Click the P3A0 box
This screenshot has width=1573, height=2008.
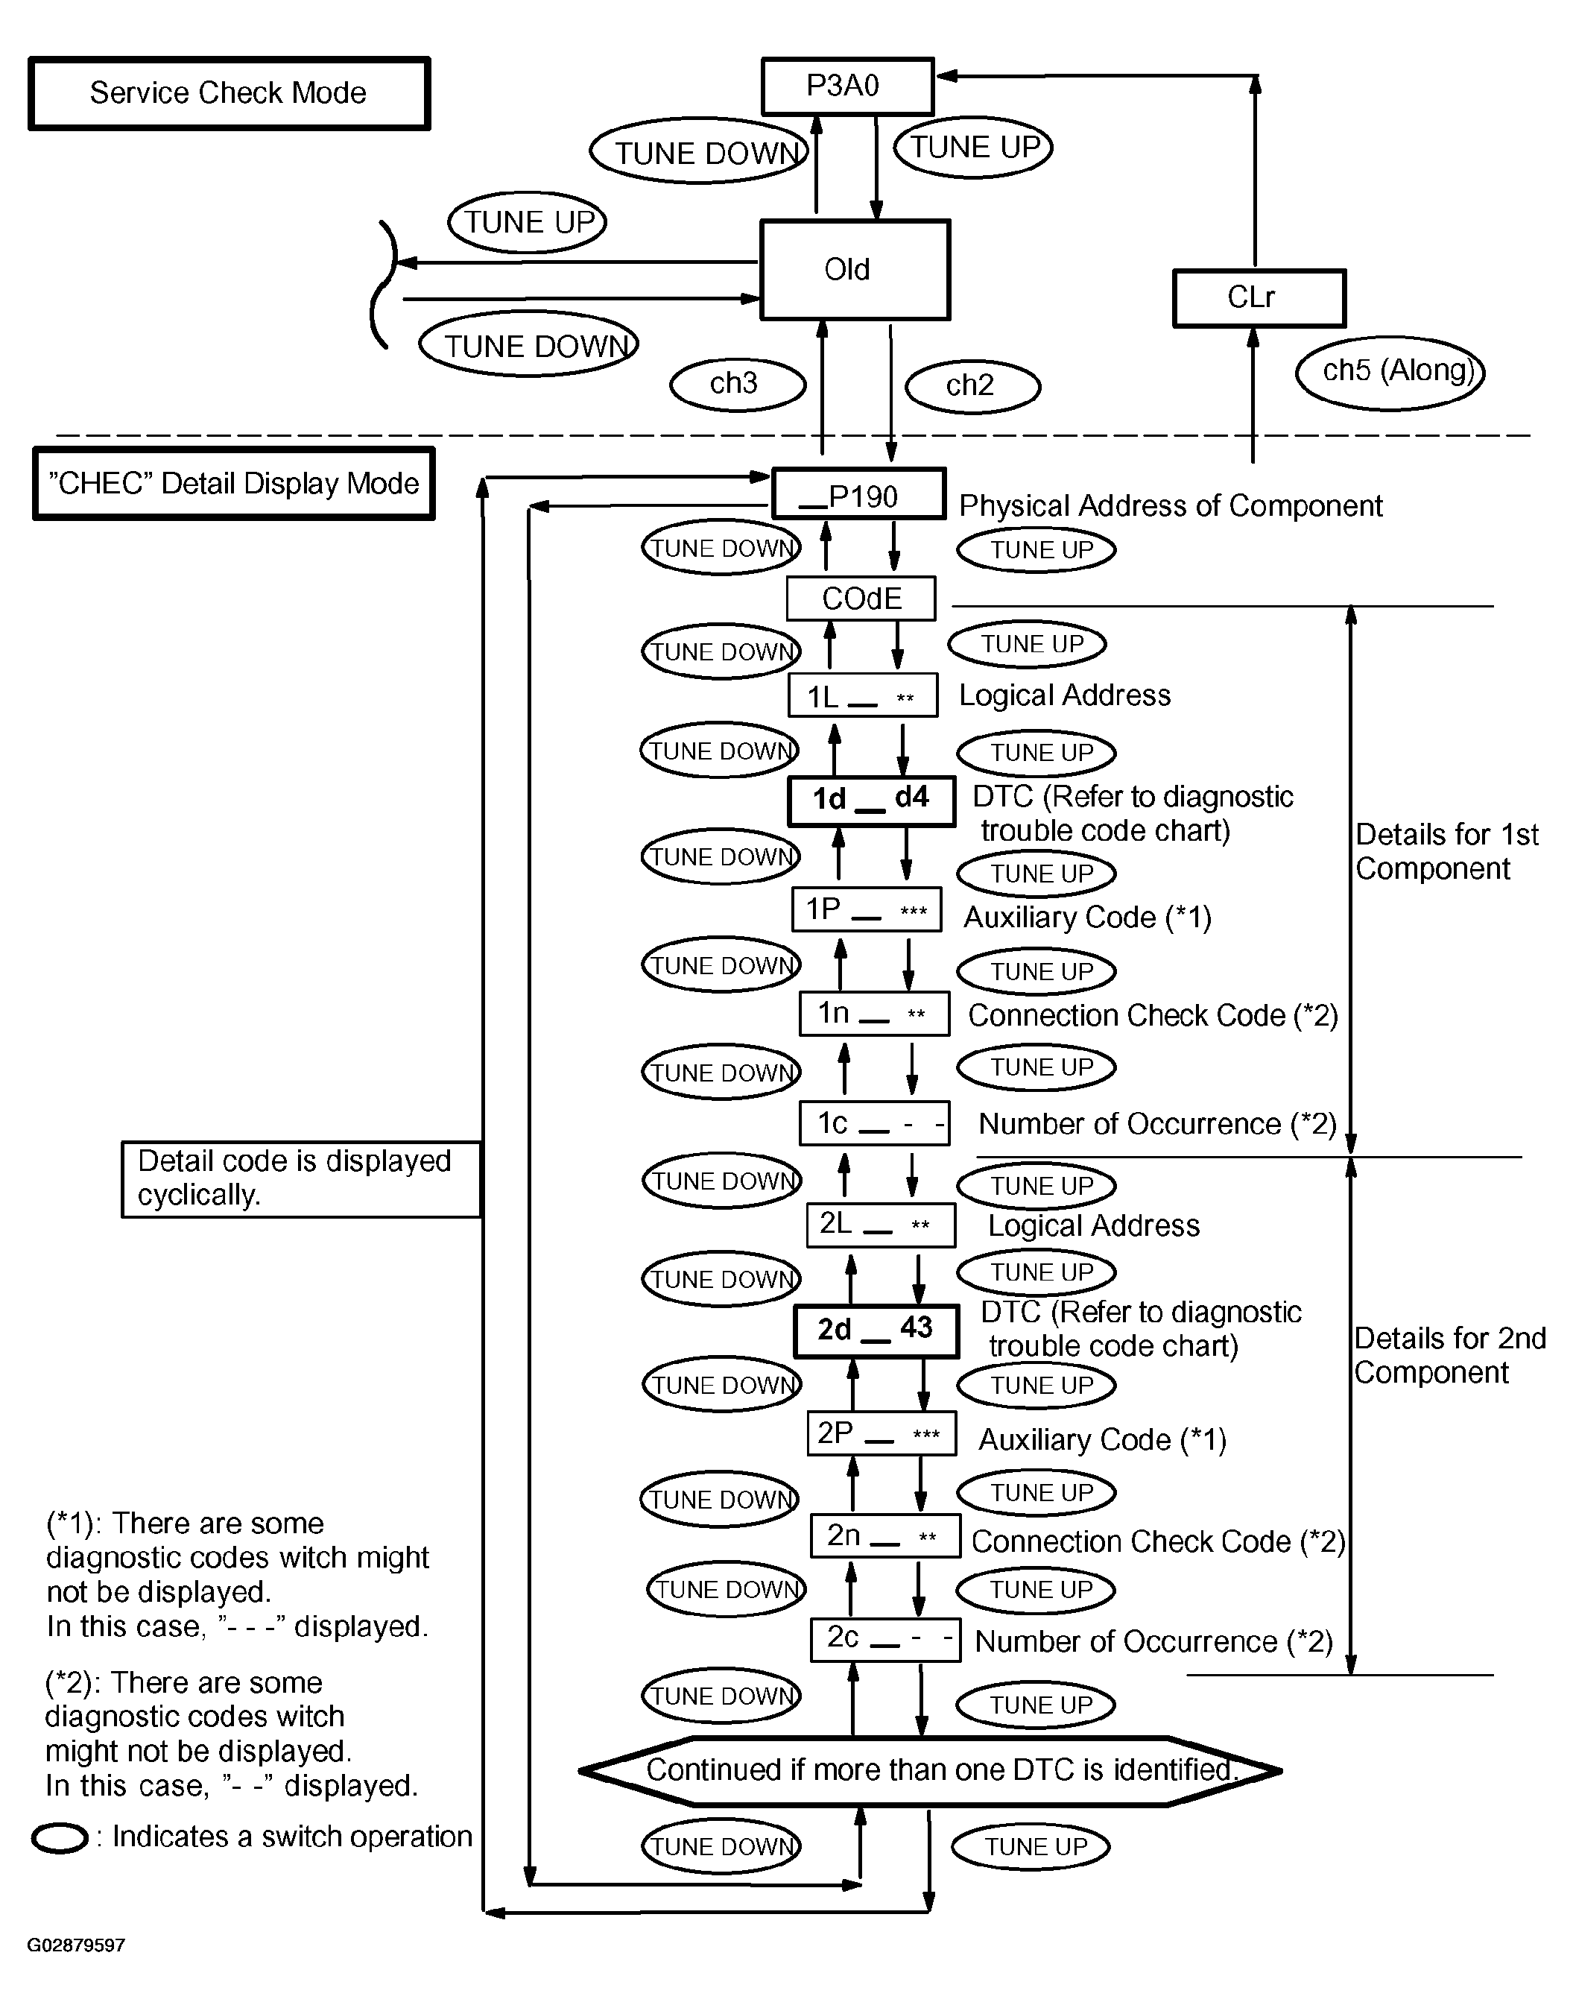click(x=848, y=86)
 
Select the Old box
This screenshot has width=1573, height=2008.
click(x=855, y=270)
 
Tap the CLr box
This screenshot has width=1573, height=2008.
click(x=1259, y=297)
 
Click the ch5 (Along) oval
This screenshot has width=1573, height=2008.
click(x=1390, y=372)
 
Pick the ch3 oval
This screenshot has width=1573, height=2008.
click(x=738, y=384)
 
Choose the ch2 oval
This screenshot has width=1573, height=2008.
click(x=973, y=386)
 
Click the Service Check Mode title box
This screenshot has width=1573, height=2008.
click(x=230, y=94)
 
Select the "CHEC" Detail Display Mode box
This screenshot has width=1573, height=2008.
click(x=234, y=484)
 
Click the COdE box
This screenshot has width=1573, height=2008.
click(x=861, y=599)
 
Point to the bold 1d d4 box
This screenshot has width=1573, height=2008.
click(x=871, y=801)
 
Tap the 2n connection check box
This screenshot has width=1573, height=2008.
click(x=886, y=1536)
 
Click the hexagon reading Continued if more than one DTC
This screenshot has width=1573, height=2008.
click(x=930, y=1770)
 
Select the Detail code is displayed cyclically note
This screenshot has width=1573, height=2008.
click(x=302, y=1179)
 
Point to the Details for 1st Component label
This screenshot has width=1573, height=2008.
click(x=1447, y=852)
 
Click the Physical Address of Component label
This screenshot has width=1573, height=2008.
click(x=1171, y=505)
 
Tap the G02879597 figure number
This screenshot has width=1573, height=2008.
click(x=77, y=1945)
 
